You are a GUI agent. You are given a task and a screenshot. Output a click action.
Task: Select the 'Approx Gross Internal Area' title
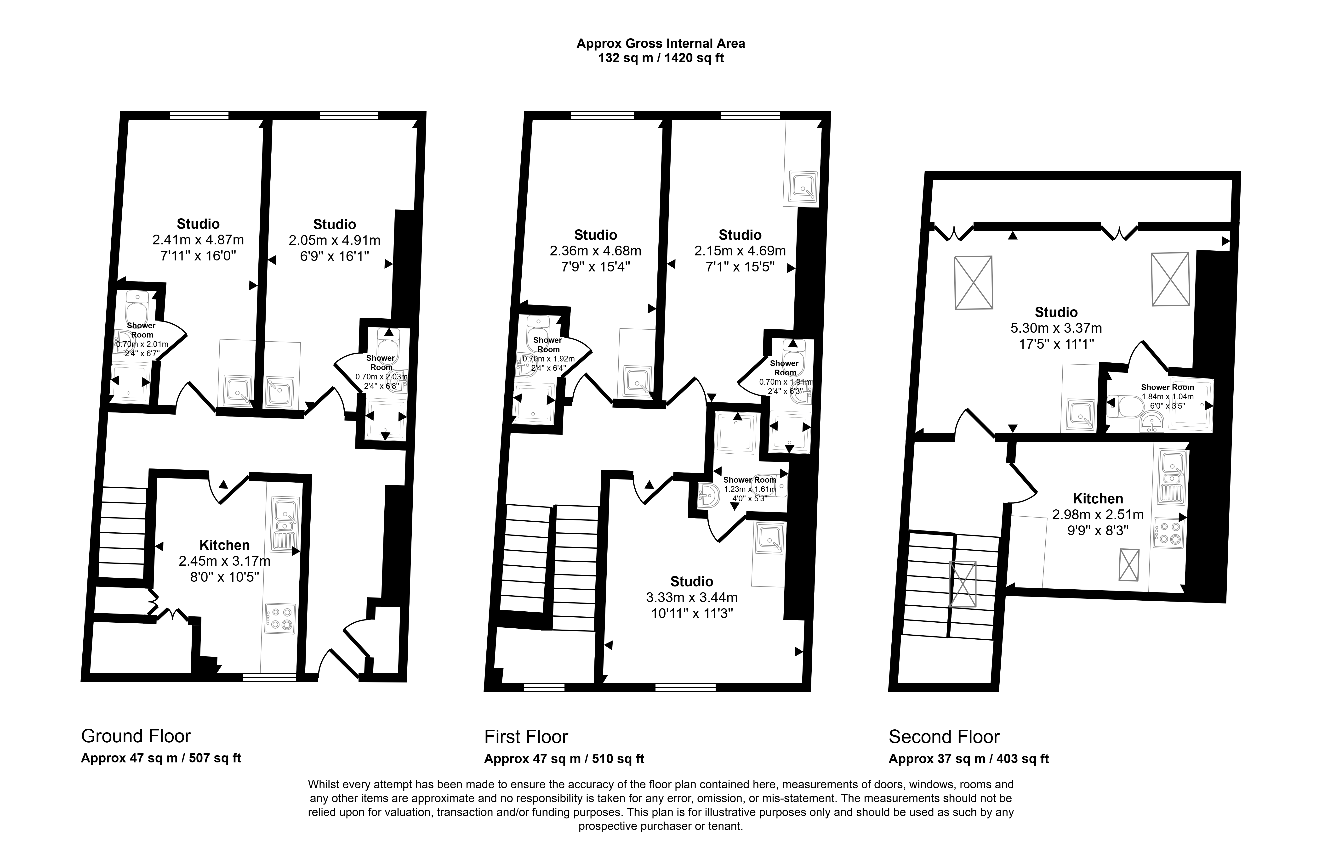(x=661, y=44)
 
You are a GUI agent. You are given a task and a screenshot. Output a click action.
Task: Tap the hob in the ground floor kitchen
(x=280, y=618)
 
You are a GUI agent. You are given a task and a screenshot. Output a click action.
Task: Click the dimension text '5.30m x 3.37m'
(x=1056, y=328)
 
